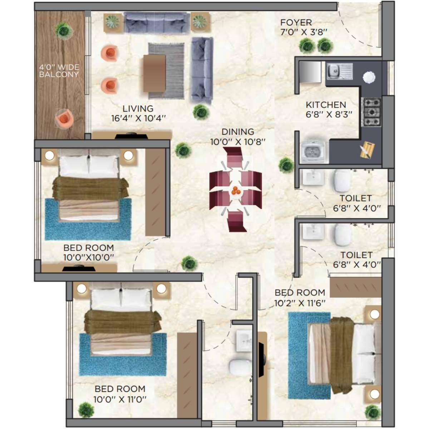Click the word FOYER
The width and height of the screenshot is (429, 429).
pos(296,23)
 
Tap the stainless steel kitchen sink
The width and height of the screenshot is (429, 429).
pos(339,71)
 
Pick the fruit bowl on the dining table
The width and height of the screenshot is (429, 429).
pos(235,191)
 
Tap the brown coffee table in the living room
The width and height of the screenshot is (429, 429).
pos(154,73)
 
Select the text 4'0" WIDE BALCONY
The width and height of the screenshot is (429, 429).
pos(59,71)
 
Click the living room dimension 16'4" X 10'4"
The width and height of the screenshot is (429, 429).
pos(138,118)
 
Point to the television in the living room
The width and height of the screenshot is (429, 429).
pos(131,135)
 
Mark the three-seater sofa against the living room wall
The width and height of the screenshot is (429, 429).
pos(157,23)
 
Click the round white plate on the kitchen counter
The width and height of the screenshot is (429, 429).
pos(369,77)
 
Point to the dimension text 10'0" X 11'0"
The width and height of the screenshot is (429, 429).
pos(120,399)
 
